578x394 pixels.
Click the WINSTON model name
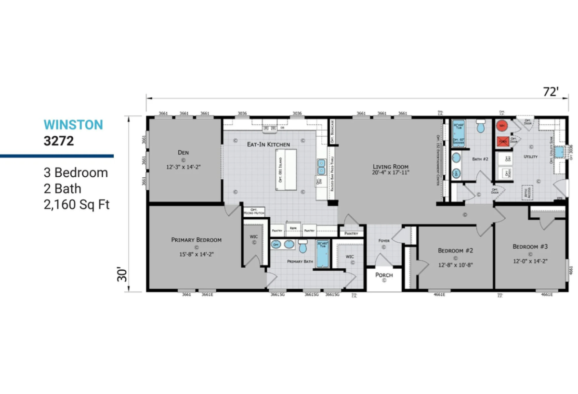pyautogui.click(x=73, y=125)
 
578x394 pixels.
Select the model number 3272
pyautogui.click(x=58, y=142)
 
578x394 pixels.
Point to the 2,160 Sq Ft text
pyautogui.click(x=76, y=205)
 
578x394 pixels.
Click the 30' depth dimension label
pyautogui.click(x=123, y=275)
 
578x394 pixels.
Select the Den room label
pyautogui.click(x=183, y=153)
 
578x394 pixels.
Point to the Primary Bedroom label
pyautogui.click(x=196, y=240)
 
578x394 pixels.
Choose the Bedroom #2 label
pyautogui.click(x=456, y=250)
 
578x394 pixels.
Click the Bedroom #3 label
pyautogui.click(x=530, y=247)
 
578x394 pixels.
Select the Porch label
pyautogui.click(x=384, y=275)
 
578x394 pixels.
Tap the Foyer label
pyautogui.click(x=383, y=240)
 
